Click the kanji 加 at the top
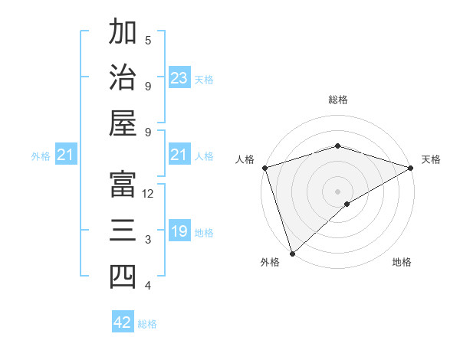[x=123, y=33]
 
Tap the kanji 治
[x=123, y=78]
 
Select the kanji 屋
[x=123, y=124]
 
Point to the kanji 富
[x=123, y=185]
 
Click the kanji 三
[x=123, y=231]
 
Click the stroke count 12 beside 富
[x=148, y=194]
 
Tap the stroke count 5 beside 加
[x=148, y=40]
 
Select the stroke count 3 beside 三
[x=148, y=240]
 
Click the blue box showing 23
[x=179, y=77]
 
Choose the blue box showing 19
[x=179, y=231]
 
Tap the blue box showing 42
[x=123, y=322]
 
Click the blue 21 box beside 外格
[x=66, y=155]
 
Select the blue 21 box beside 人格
[x=179, y=155]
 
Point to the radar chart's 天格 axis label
[x=431, y=159]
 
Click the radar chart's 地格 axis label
[x=402, y=262]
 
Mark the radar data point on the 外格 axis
[x=292, y=253]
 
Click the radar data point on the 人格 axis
[x=264, y=167]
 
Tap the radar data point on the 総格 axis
[x=337, y=146]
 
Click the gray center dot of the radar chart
[x=337, y=190]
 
